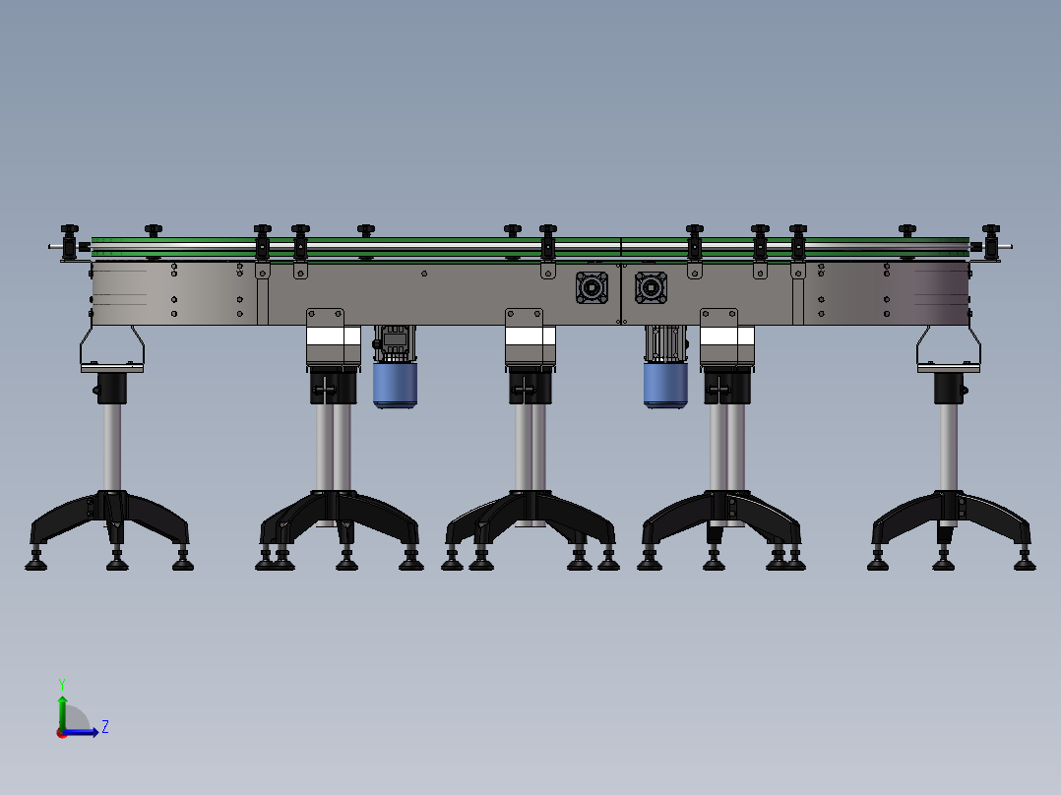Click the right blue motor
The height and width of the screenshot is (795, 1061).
(665, 384)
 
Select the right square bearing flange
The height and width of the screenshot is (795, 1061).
(651, 287)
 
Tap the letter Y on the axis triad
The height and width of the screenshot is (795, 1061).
(61, 683)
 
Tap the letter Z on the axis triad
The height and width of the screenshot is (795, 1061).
(105, 727)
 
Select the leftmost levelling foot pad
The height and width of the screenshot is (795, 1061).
(37, 565)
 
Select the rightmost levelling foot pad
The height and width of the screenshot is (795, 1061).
(1025, 565)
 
